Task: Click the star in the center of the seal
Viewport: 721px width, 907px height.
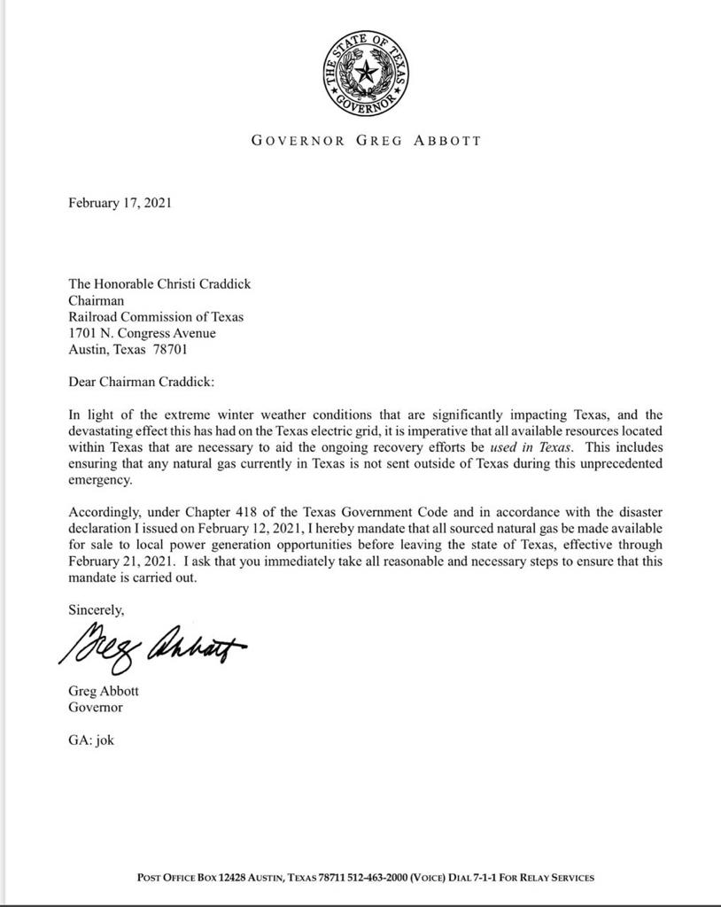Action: [x=366, y=71]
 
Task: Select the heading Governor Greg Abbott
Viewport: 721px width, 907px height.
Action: [x=366, y=140]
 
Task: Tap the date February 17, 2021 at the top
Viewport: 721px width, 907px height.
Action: [x=120, y=203]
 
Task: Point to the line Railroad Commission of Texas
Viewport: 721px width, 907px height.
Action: [x=156, y=317]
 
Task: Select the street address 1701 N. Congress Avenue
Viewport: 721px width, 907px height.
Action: [x=142, y=333]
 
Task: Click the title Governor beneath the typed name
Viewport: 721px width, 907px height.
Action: [x=95, y=708]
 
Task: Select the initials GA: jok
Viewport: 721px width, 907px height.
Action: [x=91, y=740]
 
